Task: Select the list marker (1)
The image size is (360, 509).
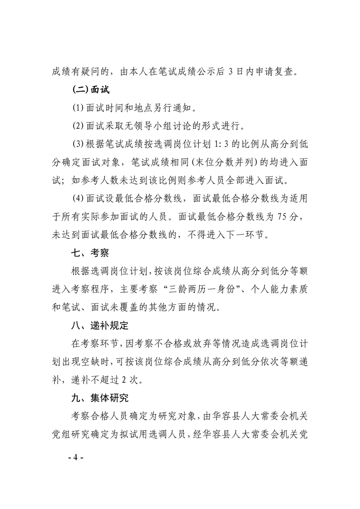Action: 79,108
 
